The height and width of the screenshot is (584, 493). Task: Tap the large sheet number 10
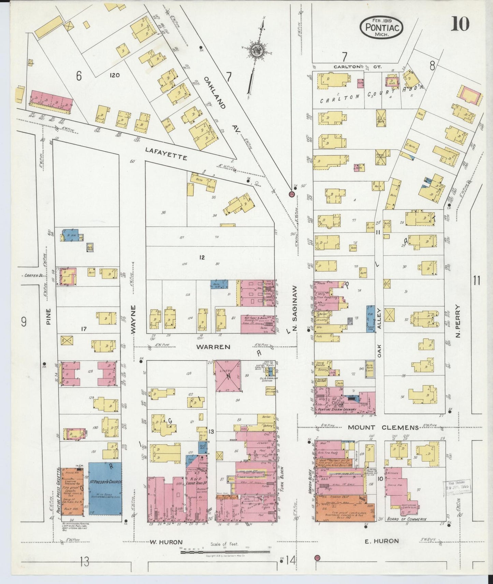[x=460, y=24]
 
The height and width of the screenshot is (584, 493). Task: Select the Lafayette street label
[x=166, y=154]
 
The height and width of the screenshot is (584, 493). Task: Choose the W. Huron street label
[x=166, y=542]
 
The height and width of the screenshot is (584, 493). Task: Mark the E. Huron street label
[x=382, y=541]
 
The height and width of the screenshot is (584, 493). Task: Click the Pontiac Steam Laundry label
[x=337, y=409]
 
